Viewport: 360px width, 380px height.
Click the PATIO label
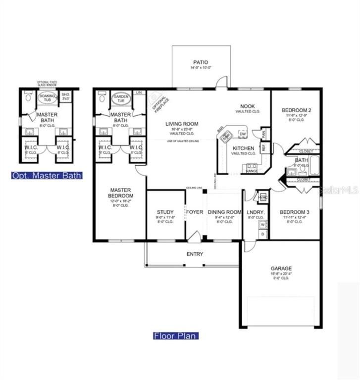coord(201,62)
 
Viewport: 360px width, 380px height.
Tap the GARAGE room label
coord(280,269)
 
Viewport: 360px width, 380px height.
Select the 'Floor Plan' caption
coord(175,336)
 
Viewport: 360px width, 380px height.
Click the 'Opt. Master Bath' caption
coord(47,175)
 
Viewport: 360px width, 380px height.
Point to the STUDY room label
coord(166,212)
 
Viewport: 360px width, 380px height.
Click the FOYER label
coord(195,212)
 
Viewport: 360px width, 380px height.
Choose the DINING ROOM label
coord(224,212)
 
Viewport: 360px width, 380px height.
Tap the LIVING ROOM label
coord(182,124)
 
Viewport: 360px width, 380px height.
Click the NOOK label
coord(248,106)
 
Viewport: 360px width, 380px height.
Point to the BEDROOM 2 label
coord(295,110)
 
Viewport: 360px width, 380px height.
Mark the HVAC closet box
coord(263,197)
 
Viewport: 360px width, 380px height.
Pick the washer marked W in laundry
coord(262,224)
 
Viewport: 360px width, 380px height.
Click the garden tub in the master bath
coord(120,99)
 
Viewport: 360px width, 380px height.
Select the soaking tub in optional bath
coord(48,98)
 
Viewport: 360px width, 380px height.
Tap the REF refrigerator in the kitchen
coord(264,147)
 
